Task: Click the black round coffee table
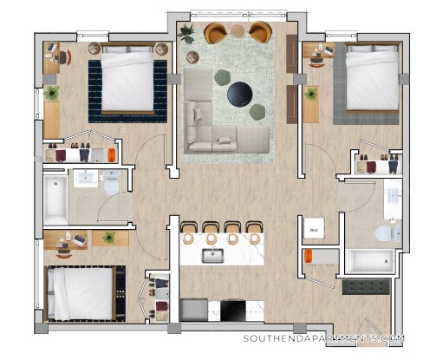pos(239,92)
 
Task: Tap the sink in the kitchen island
pos(212,255)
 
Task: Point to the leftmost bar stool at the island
pos(186,230)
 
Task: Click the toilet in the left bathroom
pos(110,184)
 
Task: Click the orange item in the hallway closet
pos(308,257)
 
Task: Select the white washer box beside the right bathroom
pos(314,228)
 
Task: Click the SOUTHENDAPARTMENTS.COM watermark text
pos(324,339)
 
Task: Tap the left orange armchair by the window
pos(216,34)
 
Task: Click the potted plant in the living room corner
pos(186,34)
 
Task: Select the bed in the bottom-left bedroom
pos(80,293)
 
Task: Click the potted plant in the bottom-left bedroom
pos(109,237)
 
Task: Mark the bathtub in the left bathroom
pos(54,197)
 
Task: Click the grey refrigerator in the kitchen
pos(194,310)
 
